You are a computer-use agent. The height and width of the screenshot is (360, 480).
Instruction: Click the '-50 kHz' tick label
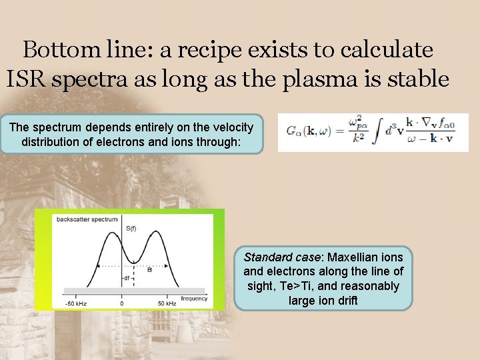(75, 303)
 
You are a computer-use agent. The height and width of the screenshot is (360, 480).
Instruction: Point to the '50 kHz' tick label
(167, 303)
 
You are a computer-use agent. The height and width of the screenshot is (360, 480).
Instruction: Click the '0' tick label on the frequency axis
(121, 303)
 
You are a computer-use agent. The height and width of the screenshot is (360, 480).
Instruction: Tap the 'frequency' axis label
(193, 299)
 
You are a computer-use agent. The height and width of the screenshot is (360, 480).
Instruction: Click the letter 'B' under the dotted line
(149, 270)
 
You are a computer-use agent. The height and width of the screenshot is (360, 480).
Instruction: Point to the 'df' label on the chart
(126, 278)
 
